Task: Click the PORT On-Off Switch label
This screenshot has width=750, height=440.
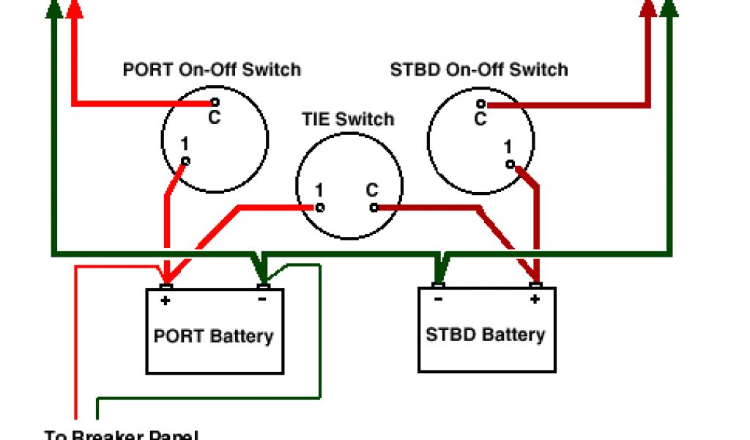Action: tap(212, 70)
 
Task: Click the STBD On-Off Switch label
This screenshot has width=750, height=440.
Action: tap(479, 70)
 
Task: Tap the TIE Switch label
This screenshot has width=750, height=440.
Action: tap(348, 119)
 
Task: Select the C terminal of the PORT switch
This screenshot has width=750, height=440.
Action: tap(215, 103)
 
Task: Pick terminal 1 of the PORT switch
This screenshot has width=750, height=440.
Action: tap(186, 161)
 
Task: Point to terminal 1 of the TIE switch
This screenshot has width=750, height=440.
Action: tap(320, 208)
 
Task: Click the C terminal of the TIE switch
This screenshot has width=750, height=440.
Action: tap(374, 208)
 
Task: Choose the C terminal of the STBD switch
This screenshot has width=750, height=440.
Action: tap(481, 104)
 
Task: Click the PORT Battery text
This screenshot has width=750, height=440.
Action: tap(213, 337)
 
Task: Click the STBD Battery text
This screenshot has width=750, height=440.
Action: tap(485, 335)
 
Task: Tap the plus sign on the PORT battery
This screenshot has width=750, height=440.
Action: tap(166, 300)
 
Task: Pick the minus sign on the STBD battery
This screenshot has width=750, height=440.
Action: tap(438, 298)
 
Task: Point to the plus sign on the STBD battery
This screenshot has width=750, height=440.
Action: tap(535, 298)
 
